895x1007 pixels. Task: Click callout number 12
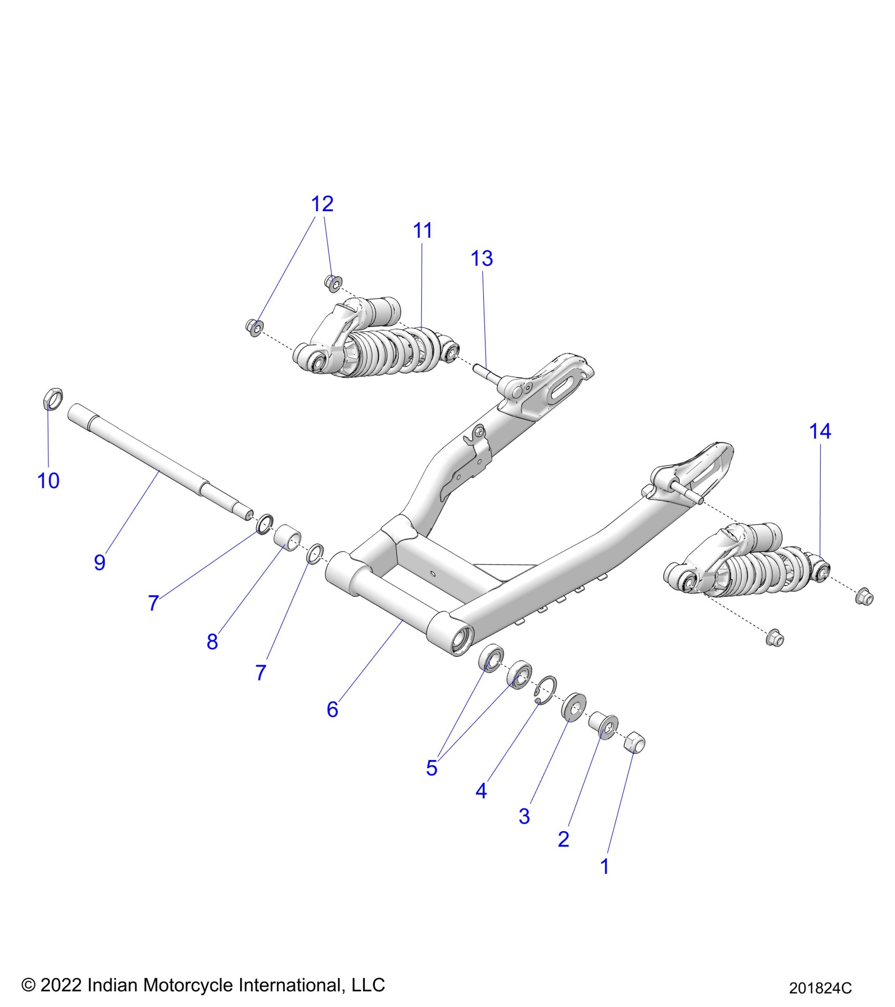coord(322,204)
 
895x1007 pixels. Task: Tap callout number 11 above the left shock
coord(422,231)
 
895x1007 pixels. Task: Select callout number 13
coord(482,259)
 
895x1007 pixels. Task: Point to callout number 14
coord(820,431)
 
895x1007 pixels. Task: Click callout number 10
coord(48,480)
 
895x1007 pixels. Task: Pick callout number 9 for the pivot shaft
coord(100,562)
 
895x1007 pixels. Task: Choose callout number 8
coord(212,641)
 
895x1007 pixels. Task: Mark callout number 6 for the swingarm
coord(332,709)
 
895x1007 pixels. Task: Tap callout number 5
coord(432,768)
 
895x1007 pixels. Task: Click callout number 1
coord(604,866)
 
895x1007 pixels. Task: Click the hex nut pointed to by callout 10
coord(52,399)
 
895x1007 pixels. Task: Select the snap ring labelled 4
coord(546,689)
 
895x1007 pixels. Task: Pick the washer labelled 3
coord(574,706)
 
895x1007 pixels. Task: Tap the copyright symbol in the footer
coord(28,985)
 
